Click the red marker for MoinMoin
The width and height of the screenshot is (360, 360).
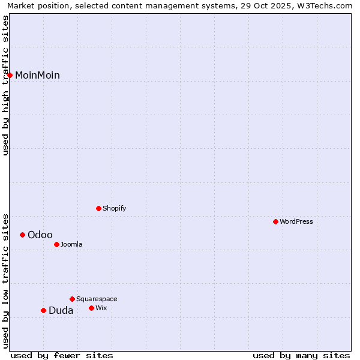pyautogui.click(x=10, y=75)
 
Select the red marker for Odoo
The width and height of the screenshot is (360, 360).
pyautogui.click(x=23, y=235)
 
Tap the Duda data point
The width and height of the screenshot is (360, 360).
pyautogui.click(x=43, y=310)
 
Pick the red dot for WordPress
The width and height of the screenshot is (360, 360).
pyautogui.click(x=276, y=221)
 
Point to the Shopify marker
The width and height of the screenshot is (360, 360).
pyautogui.click(x=99, y=208)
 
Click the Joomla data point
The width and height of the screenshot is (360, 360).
pyautogui.click(x=57, y=244)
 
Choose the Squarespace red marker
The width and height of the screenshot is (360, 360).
pyautogui.click(x=73, y=299)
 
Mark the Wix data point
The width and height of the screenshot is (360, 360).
pyautogui.click(x=92, y=308)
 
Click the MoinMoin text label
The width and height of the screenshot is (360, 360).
pyautogui.click(x=37, y=75)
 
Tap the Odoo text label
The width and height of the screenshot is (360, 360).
pyautogui.click(x=40, y=235)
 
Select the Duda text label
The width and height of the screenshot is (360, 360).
pyautogui.click(x=61, y=310)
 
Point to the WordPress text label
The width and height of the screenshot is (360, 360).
pyautogui.click(x=296, y=221)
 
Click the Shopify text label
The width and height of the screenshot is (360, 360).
pyautogui.click(x=115, y=208)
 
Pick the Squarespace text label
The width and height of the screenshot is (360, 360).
pyautogui.click(x=97, y=299)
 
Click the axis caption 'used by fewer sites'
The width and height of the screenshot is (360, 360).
pyautogui.click(x=62, y=355)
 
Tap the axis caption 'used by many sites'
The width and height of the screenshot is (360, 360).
pyautogui.click(x=301, y=355)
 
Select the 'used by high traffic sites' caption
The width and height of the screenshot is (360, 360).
pyautogui.click(x=5, y=85)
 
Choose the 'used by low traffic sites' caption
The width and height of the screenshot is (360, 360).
pyautogui.click(x=5, y=281)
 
